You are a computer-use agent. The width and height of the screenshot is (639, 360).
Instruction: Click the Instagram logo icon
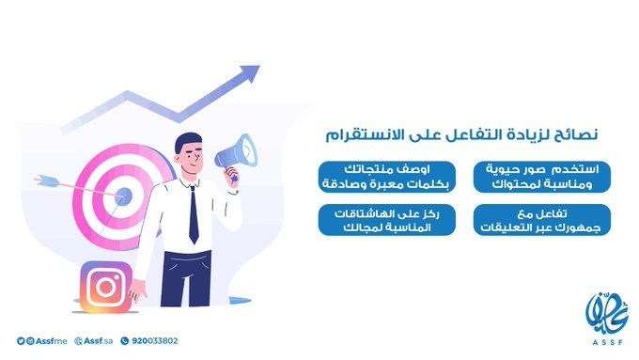(x=105, y=287)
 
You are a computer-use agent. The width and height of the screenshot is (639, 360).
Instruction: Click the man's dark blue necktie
(x=194, y=215)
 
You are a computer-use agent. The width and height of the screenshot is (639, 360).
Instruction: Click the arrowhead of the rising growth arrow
(x=251, y=72)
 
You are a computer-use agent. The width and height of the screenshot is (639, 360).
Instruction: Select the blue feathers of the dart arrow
(x=43, y=180)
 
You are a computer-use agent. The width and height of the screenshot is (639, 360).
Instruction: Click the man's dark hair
(x=187, y=140)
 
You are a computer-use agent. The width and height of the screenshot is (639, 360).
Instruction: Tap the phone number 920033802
(x=156, y=341)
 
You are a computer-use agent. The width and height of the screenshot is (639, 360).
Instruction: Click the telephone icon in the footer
(x=128, y=341)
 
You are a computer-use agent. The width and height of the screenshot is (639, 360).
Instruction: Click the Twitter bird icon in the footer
(x=19, y=341)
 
